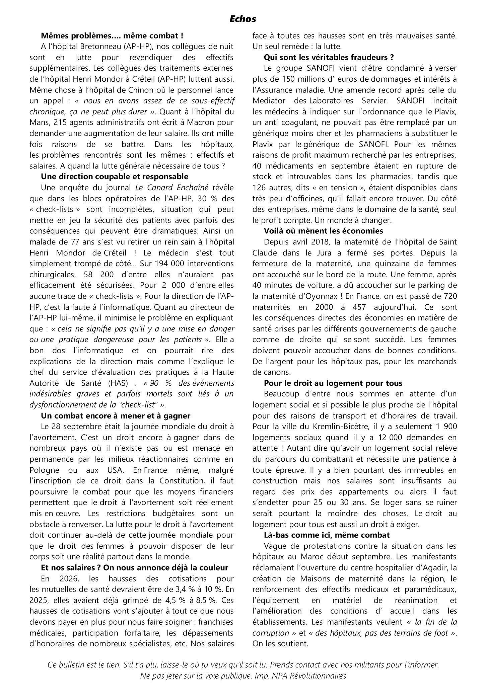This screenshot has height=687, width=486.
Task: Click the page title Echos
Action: click(243, 19)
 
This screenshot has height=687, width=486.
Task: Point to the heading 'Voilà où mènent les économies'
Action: click(323, 231)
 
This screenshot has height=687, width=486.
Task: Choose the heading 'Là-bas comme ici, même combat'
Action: click(327, 535)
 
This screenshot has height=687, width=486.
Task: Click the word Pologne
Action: click(45, 469)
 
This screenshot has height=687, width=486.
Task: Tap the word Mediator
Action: click(269, 100)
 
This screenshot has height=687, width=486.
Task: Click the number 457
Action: click(369, 307)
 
